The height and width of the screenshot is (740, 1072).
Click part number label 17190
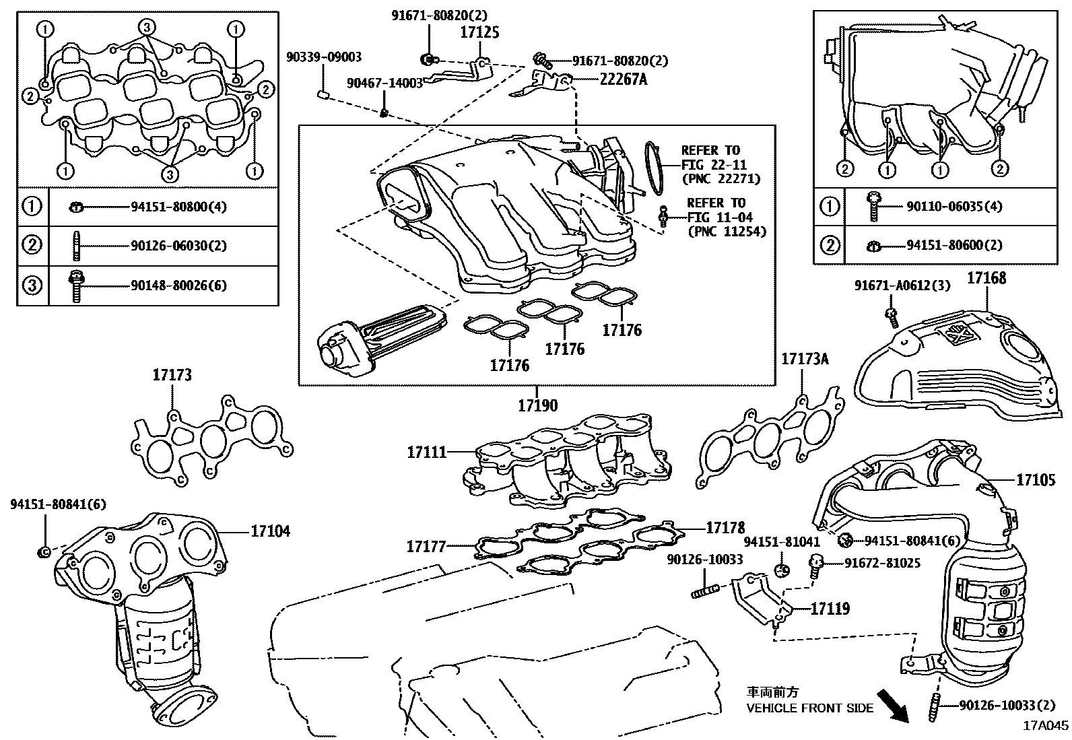point(537,405)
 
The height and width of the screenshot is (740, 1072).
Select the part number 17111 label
point(426,452)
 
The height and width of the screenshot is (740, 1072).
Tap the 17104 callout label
point(270,531)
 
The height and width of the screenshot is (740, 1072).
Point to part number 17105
point(1036,479)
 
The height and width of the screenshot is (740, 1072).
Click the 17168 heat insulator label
point(986,277)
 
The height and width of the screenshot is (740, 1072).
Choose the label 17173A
point(804,359)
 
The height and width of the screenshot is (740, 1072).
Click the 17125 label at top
point(479,31)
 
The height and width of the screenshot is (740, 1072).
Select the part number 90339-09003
point(324,57)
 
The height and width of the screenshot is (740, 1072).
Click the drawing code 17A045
point(1046,726)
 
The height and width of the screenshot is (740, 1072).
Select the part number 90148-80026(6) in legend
point(178,285)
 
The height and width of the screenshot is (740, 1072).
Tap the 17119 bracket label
point(830,609)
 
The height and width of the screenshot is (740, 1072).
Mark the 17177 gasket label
point(426,546)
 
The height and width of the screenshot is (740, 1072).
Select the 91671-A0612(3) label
point(902,285)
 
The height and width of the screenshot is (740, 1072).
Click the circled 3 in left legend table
point(32,285)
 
